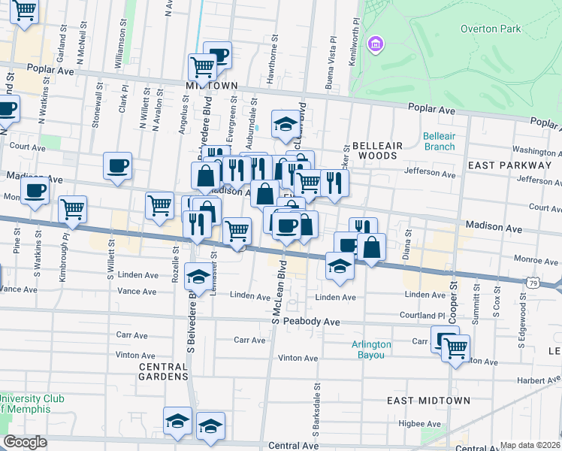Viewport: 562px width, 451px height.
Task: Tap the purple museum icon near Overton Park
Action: pos(375,45)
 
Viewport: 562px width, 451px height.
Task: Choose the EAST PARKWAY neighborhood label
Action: pos(509,165)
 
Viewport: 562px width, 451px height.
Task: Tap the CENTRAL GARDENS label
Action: pos(164,371)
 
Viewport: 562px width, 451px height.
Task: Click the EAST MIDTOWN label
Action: pos(428,401)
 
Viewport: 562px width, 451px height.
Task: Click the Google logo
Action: pos(25,441)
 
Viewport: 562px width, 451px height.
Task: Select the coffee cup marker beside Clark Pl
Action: pos(118,166)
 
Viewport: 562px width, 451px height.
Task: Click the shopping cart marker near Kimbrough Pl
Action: pos(72,209)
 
